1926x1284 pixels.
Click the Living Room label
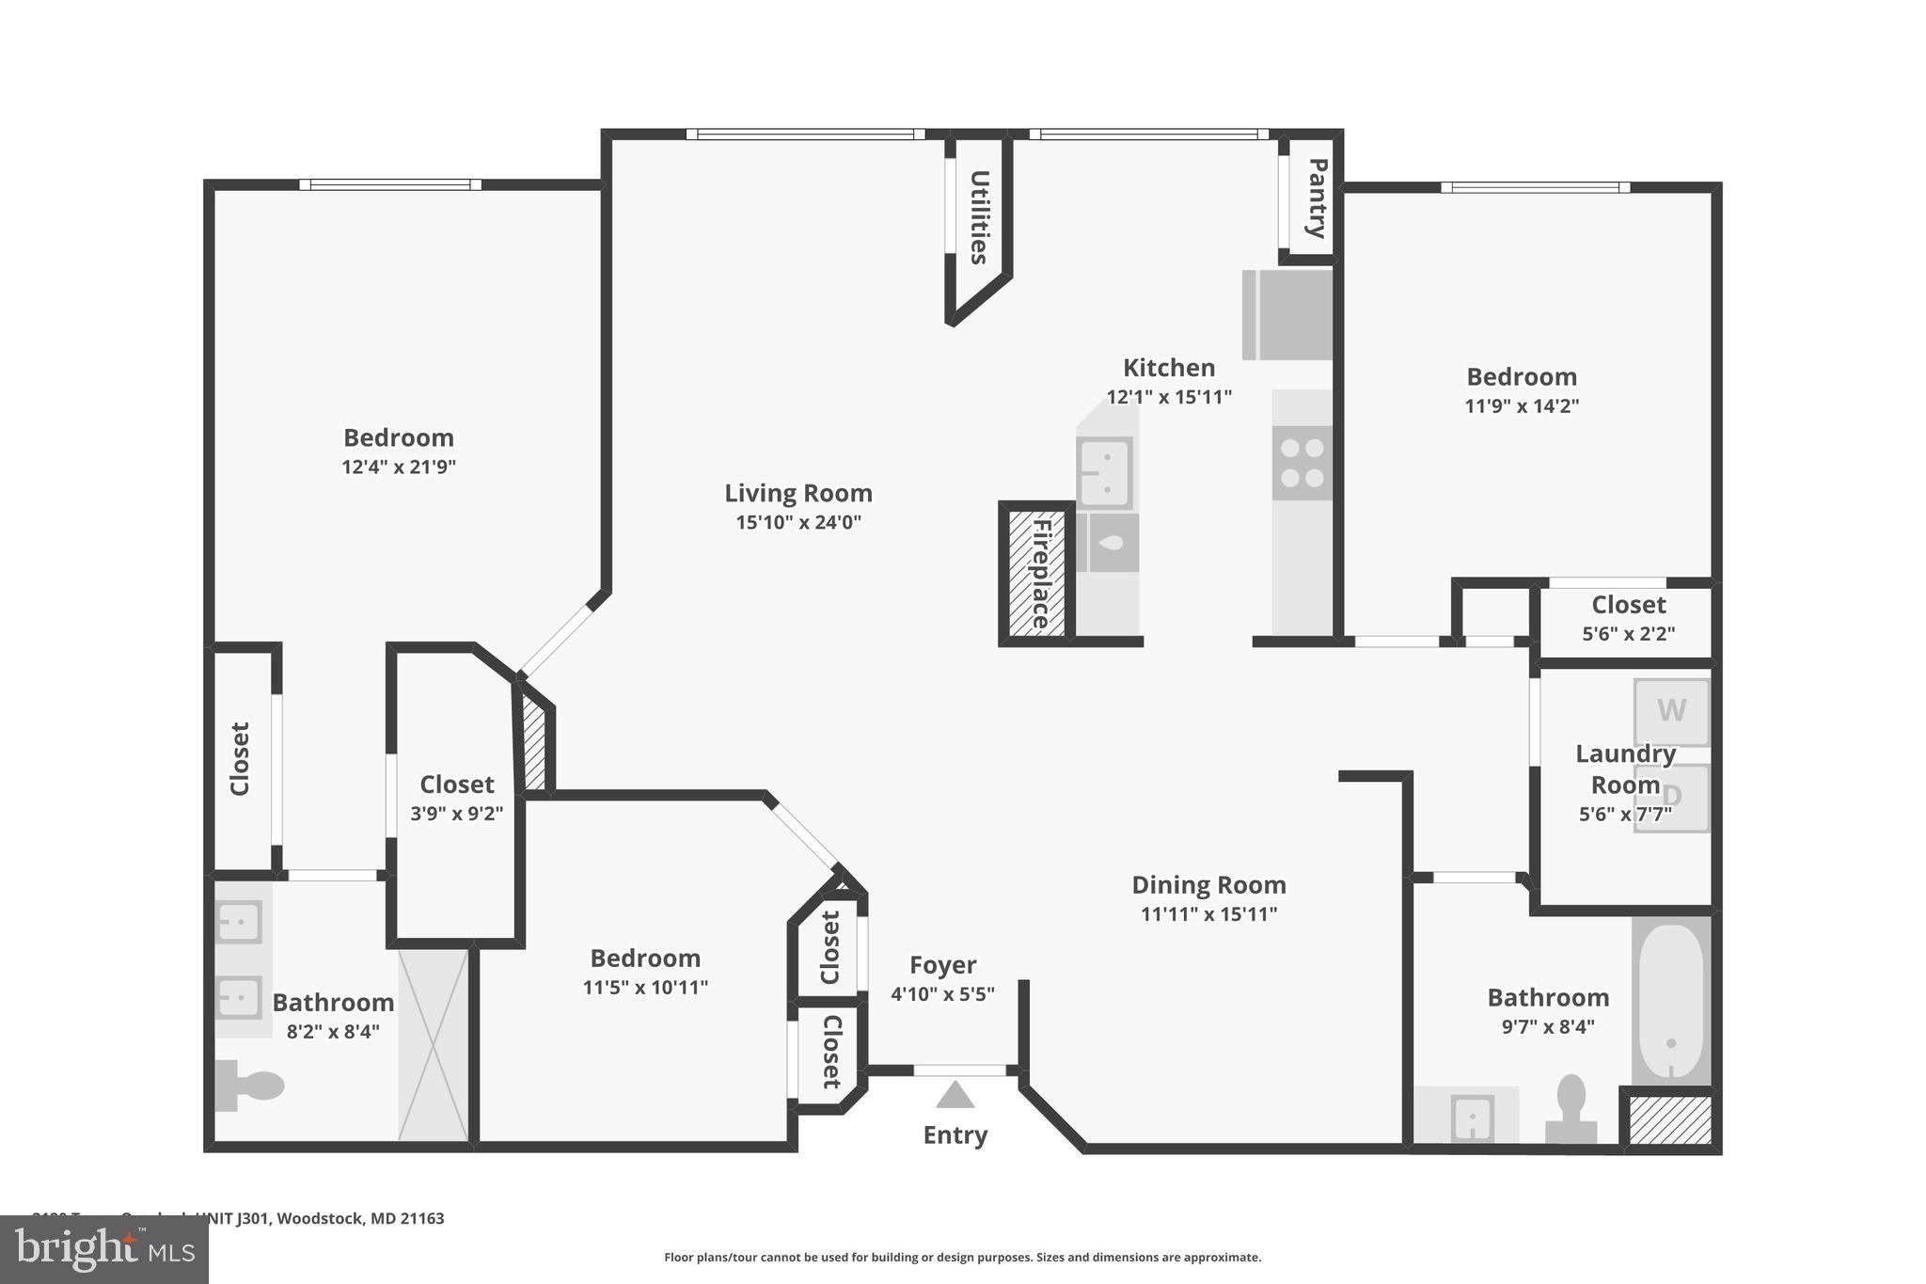tap(797, 493)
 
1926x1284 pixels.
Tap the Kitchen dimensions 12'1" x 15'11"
tap(1168, 397)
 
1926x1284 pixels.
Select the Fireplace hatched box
tap(1036, 573)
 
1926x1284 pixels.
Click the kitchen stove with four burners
tap(1302, 463)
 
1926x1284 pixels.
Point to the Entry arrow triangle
tap(955, 1095)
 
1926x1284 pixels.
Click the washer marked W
tap(1670, 710)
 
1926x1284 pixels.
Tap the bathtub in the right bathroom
tap(1670, 1001)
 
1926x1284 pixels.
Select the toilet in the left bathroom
tap(248, 1086)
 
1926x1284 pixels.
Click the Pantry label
tap(1317, 198)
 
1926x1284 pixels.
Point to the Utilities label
tap(979, 217)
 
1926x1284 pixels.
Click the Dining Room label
tap(1208, 885)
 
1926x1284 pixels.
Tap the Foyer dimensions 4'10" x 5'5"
tap(942, 994)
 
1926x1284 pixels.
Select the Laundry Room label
tap(1625, 769)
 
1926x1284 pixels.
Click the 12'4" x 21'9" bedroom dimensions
tap(399, 468)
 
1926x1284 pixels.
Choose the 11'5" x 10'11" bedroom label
tap(645, 959)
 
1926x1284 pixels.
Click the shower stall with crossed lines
tap(433, 1044)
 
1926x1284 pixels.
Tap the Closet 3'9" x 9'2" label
tap(456, 785)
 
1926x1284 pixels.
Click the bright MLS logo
tap(103, 1249)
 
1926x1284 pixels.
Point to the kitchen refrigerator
tap(1287, 315)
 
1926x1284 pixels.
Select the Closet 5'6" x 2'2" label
tap(1628, 605)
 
